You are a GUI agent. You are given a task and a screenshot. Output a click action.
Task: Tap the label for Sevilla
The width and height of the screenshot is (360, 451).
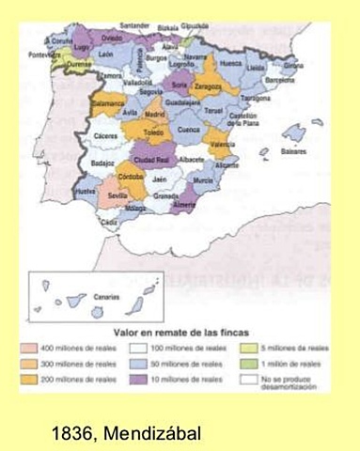pos(119,194)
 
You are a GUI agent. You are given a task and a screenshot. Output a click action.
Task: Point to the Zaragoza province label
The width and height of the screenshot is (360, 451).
pos(208,86)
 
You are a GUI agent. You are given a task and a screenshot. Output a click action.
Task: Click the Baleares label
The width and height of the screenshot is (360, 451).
pos(293,150)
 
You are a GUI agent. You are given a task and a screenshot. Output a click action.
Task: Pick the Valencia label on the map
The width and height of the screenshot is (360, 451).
pos(222,145)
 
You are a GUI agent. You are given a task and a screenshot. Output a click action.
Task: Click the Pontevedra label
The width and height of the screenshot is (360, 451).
pos(43,54)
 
